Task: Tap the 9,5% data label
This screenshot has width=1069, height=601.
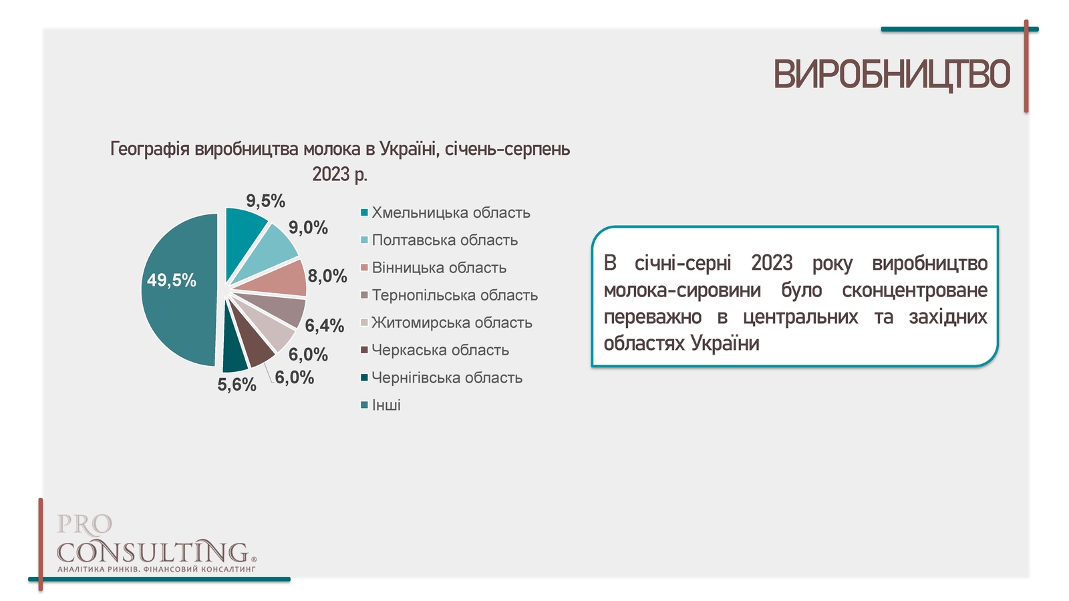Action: click(x=265, y=201)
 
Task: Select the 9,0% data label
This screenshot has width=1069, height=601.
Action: click(x=308, y=228)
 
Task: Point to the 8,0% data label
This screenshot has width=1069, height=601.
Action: click(x=327, y=276)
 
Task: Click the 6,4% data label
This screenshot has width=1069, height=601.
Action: click(x=325, y=326)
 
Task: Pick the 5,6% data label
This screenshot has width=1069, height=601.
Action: click(x=237, y=385)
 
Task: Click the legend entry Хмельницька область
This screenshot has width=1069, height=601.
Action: click(x=445, y=213)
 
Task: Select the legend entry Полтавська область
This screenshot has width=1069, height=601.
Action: click(x=439, y=240)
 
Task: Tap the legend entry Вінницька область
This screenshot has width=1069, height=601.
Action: click(x=434, y=268)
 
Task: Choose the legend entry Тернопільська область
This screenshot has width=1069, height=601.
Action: click(x=449, y=295)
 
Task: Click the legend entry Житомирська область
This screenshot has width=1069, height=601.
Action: click(x=446, y=323)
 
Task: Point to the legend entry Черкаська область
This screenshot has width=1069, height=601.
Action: click(x=435, y=350)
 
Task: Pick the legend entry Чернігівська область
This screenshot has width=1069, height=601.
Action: click(x=442, y=378)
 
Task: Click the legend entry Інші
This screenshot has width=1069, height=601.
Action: click(x=380, y=405)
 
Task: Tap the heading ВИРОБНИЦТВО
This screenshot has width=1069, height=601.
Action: click(x=891, y=74)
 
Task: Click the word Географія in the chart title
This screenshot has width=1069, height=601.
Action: click(x=150, y=150)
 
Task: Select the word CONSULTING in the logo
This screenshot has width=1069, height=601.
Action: click(x=153, y=552)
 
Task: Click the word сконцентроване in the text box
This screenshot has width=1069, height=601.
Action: click(x=915, y=290)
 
